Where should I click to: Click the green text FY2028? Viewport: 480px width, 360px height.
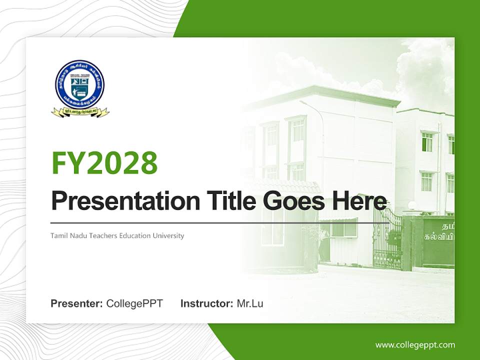[x=104, y=163]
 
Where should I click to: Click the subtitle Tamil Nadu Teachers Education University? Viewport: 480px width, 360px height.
[x=117, y=235]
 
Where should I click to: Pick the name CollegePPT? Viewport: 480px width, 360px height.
[x=134, y=303]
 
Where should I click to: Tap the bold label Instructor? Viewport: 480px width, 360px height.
[x=206, y=303]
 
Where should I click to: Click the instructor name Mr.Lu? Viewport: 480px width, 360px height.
[x=250, y=303]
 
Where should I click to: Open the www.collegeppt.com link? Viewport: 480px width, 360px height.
[x=415, y=345]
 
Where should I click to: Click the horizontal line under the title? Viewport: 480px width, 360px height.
[x=220, y=222]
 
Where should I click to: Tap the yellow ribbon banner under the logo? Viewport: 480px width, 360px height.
[x=80, y=112]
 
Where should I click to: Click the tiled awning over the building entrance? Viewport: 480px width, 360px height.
[x=290, y=187]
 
